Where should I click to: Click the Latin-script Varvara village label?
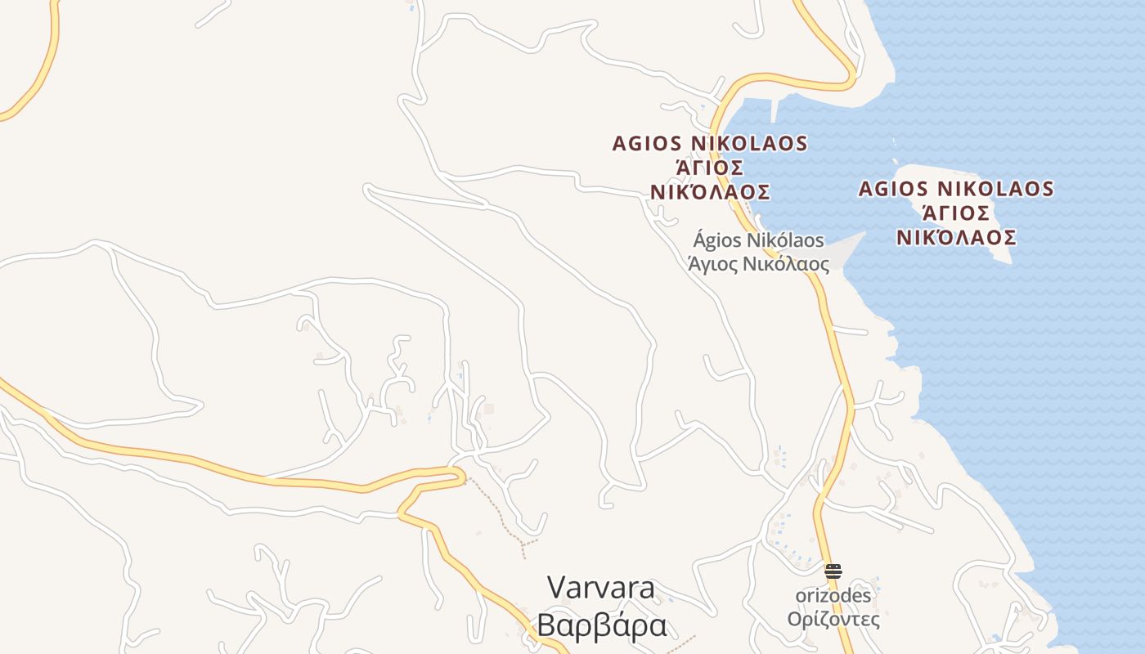pyautogui.click(x=601, y=588)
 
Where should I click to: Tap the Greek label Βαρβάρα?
pyautogui.click(x=601, y=625)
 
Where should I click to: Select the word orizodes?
pyautogui.click(x=833, y=595)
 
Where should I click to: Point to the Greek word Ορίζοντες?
pyautogui.click(x=833, y=619)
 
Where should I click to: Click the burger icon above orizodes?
pyautogui.click(x=833, y=571)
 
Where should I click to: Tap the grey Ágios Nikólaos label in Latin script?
pyautogui.click(x=758, y=240)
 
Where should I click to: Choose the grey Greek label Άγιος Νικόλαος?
pyautogui.click(x=758, y=264)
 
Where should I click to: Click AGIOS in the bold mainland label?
pyautogui.click(x=648, y=144)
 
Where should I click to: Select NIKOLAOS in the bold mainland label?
pyautogui.click(x=750, y=144)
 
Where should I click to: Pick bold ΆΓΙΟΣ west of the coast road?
pyautogui.click(x=710, y=168)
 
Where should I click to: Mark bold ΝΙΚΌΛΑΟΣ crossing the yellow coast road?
pyautogui.click(x=710, y=192)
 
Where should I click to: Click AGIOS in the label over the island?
pyautogui.click(x=893, y=190)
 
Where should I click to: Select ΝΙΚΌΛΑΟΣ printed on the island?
pyautogui.click(x=956, y=238)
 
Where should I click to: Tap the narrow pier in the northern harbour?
pyautogui.click(x=774, y=110)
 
